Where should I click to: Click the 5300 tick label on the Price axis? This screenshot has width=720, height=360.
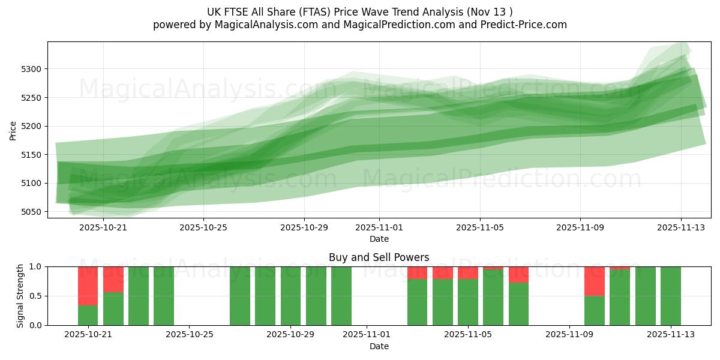point(32,69)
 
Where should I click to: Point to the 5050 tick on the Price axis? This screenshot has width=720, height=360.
point(32,212)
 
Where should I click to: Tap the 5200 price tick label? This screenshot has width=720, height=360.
point(32,126)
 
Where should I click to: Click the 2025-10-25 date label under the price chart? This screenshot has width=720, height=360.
point(203,227)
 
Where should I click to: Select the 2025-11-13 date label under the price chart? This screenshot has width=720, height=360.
point(680,227)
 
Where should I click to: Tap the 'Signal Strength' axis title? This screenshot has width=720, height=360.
point(20,296)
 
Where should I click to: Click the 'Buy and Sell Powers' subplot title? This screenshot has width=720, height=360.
point(379,257)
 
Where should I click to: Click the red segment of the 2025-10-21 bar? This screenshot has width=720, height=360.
point(88,286)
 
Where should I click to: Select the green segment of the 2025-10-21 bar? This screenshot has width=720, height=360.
point(88,315)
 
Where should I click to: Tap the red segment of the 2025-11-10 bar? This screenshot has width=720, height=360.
point(594,281)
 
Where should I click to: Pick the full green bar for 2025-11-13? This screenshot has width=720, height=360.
point(670,296)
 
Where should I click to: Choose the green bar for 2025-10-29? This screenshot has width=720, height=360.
point(290,296)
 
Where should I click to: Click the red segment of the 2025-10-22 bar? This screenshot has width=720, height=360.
point(113,279)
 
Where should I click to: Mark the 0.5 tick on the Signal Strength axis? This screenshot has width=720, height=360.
point(37,296)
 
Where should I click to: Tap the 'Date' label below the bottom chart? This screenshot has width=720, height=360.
point(379,346)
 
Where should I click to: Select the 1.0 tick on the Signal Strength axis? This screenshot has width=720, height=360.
point(37,266)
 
